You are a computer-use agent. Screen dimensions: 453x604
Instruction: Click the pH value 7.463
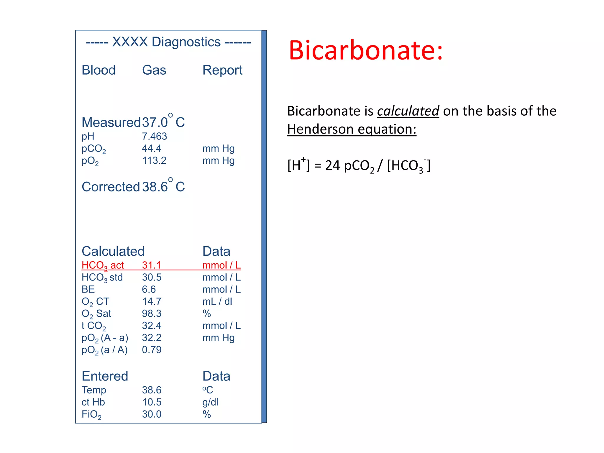(154, 136)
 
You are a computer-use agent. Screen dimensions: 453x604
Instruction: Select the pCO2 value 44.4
(151, 148)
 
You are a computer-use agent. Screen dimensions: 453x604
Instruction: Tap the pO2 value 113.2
(154, 160)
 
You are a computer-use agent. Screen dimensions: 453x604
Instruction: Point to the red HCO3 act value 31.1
(151, 265)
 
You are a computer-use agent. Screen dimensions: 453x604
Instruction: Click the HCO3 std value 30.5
(152, 277)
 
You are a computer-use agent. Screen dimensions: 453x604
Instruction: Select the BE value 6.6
(149, 289)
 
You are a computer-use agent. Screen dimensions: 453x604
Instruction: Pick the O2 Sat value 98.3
(152, 314)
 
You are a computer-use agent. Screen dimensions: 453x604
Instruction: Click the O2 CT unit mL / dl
(217, 301)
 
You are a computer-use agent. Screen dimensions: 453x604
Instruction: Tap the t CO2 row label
(93, 326)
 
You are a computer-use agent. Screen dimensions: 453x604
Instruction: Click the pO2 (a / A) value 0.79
(152, 350)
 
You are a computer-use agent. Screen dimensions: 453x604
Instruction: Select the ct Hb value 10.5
(152, 402)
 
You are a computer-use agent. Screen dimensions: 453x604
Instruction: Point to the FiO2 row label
(91, 414)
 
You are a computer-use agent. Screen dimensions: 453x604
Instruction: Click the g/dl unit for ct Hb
(210, 402)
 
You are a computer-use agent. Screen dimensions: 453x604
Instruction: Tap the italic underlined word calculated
(408, 111)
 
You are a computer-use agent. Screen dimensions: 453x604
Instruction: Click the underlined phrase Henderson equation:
(352, 129)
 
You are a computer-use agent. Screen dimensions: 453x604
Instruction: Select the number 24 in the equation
(332, 165)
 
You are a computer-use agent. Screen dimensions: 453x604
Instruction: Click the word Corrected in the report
(111, 187)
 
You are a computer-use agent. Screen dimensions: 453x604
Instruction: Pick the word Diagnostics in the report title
(186, 42)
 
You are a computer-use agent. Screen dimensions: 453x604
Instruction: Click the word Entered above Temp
(105, 376)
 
